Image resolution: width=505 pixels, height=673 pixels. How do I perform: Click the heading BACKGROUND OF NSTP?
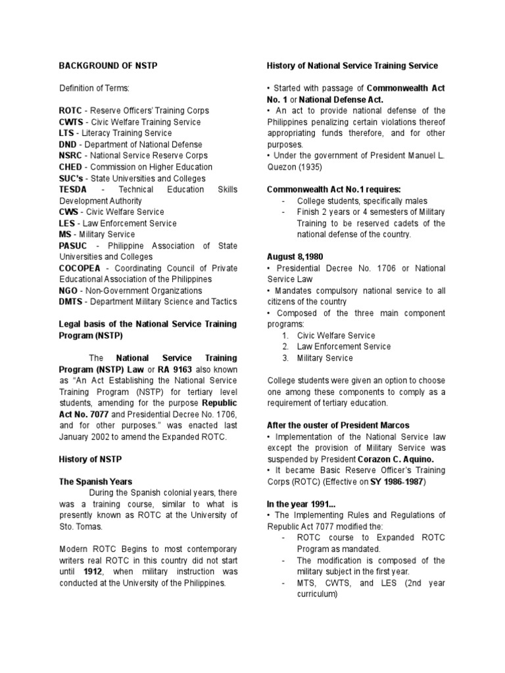(108, 66)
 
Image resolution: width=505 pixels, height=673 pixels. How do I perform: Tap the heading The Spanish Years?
(95, 482)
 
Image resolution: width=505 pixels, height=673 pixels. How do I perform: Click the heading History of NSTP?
(90, 459)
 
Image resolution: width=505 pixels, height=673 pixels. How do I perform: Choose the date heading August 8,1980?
(294, 257)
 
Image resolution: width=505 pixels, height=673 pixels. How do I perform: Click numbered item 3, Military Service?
(325, 358)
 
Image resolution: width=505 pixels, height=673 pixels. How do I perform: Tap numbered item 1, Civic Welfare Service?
(336, 335)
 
